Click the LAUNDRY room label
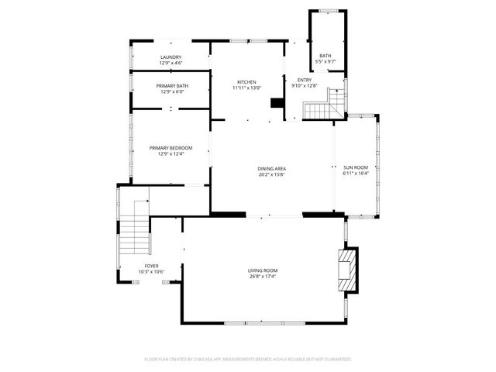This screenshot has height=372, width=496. pyautogui.click(x=170, y=57)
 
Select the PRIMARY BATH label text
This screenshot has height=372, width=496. pyautogui.click(x=171, y=86)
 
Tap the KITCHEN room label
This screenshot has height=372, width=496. pyautogui.click(x=247, y=81)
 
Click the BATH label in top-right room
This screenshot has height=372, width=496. pyautogui.click(x=325, y=56)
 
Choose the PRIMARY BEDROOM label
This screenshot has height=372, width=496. pyautogui.click(x=170, y=148)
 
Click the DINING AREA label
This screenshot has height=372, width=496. pyautogui.click(x=272, y=168)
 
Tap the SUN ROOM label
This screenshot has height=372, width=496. pyautogui.click(x=356, y=167)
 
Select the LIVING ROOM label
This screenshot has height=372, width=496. pyautogui.click(x=263, y=270)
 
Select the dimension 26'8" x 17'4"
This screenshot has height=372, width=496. pyautogui.click(x=263, y=277)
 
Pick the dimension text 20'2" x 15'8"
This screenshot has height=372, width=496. pyautogui.click(x=272, y=174)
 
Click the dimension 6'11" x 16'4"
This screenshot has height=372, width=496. pyautogui.click(x=356, y=174)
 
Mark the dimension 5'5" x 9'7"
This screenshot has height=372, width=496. pyautogui.click(x=325, y=61)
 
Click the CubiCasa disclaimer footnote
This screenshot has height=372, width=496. pyautogui.click(x=248, y=360)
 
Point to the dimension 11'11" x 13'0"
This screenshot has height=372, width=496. pyautogui.click(x=247, y=88)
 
